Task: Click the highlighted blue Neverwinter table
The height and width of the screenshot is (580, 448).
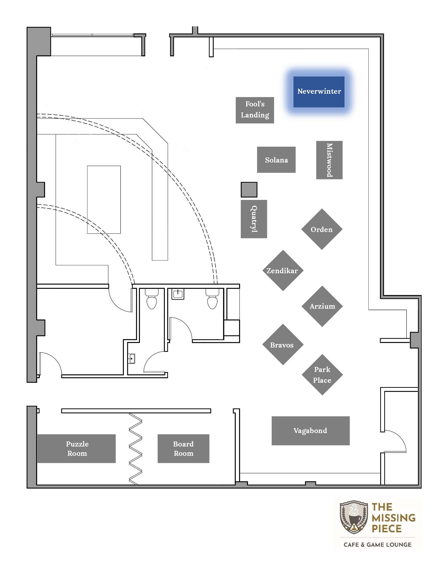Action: (x=319, y=92)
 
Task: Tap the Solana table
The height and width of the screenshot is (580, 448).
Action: (x=276, y=160)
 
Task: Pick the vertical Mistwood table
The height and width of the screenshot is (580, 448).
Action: (x=329, y=160)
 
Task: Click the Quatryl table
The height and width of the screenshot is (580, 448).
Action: (x=254, y=219)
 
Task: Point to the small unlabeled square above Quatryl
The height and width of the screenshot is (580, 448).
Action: (x=249, y=190)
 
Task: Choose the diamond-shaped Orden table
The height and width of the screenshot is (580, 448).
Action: (x=322, y=229)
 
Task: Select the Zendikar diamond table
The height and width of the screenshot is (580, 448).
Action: (x=283, y=270)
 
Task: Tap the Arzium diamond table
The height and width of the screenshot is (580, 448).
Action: (x=322, y=306)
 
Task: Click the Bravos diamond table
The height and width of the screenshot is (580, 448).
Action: (x=283, y=344)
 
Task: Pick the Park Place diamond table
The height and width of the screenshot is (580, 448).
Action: (x=322, y=375)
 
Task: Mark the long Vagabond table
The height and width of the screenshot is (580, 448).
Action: (x=310, y=430)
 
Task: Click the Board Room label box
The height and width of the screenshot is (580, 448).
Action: (x=184, y=449)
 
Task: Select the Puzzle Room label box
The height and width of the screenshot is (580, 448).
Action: (x=76, y=449)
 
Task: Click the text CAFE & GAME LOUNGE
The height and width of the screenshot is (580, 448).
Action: (x=377, y=545)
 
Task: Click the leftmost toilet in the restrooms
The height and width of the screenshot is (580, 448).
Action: (x=152, y=299)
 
